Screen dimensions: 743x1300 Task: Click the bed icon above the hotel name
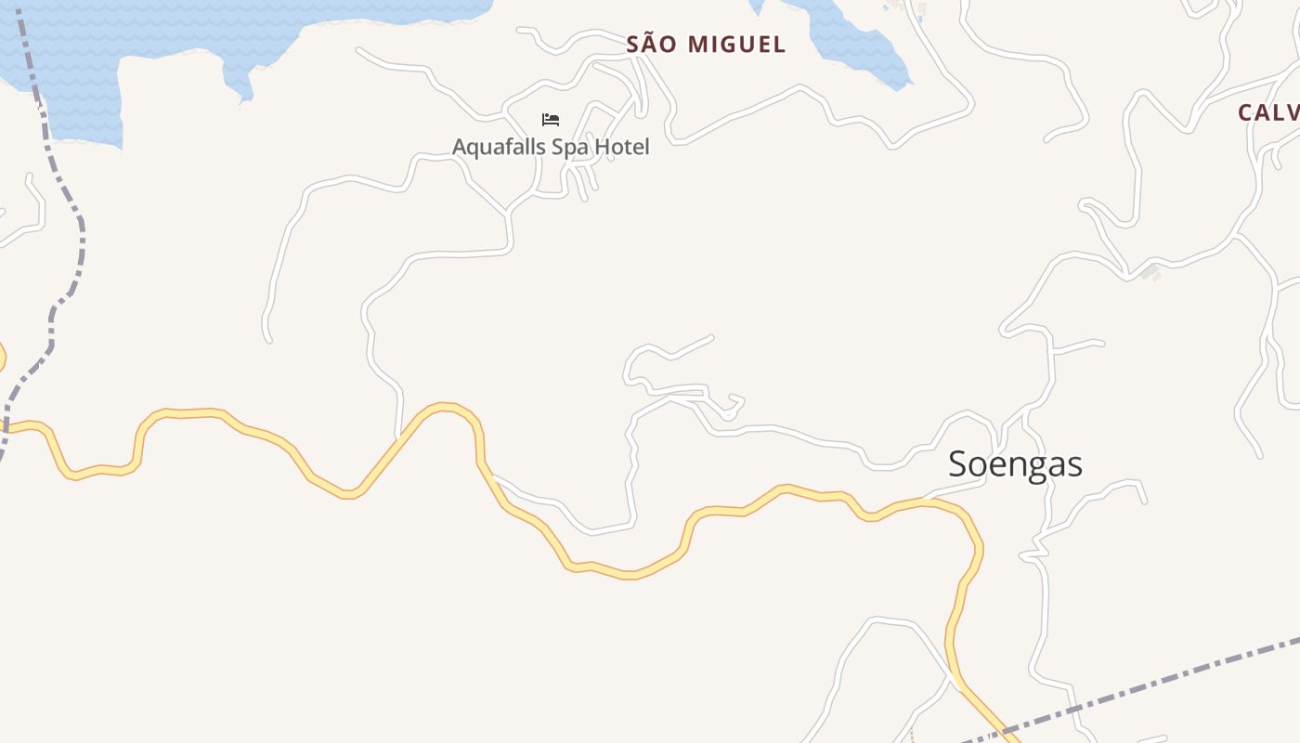pos(551,120)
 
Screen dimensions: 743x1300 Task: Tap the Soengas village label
pos(1015,464)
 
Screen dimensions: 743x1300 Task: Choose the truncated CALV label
pos(1268,113)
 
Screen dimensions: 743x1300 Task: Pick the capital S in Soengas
pos(958,464)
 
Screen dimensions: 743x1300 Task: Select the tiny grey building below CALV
pos(1150,271)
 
